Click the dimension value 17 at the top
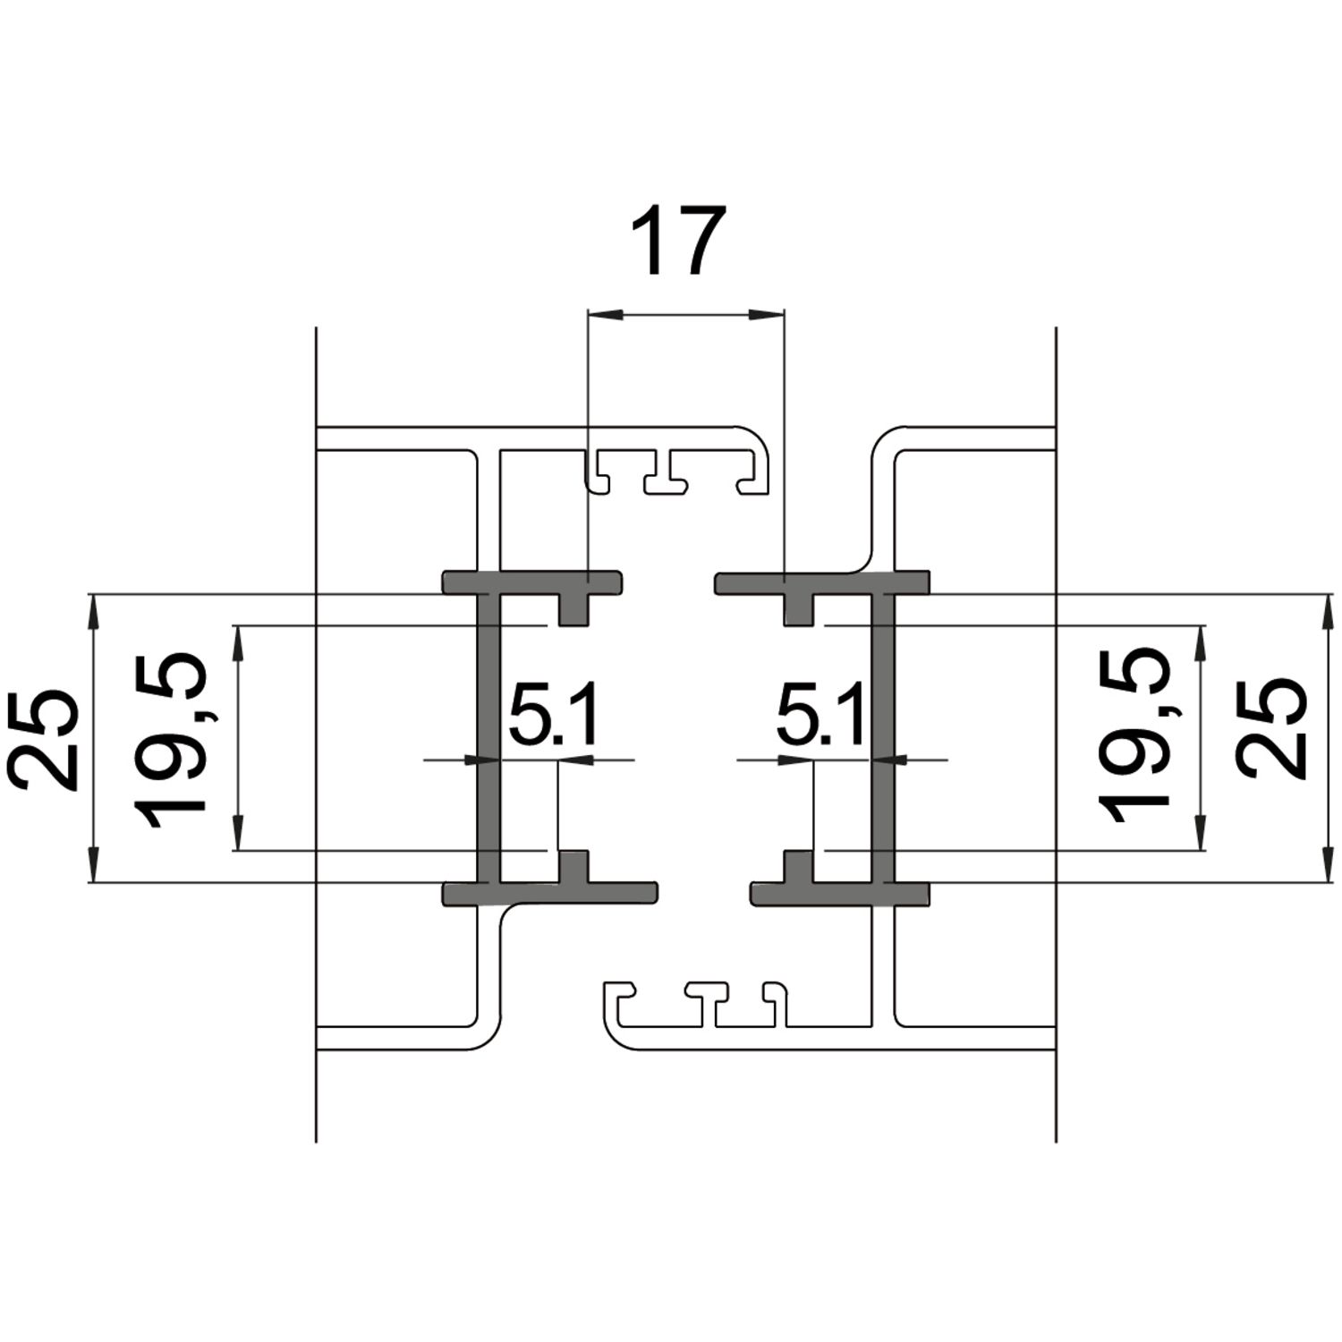coord(677,242)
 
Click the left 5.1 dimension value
coord(551,716)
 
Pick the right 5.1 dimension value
coord(820,716)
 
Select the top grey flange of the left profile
coord(532,582)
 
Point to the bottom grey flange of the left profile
coord(549,893)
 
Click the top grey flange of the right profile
coord(821,582)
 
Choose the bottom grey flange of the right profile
coord(839,893)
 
